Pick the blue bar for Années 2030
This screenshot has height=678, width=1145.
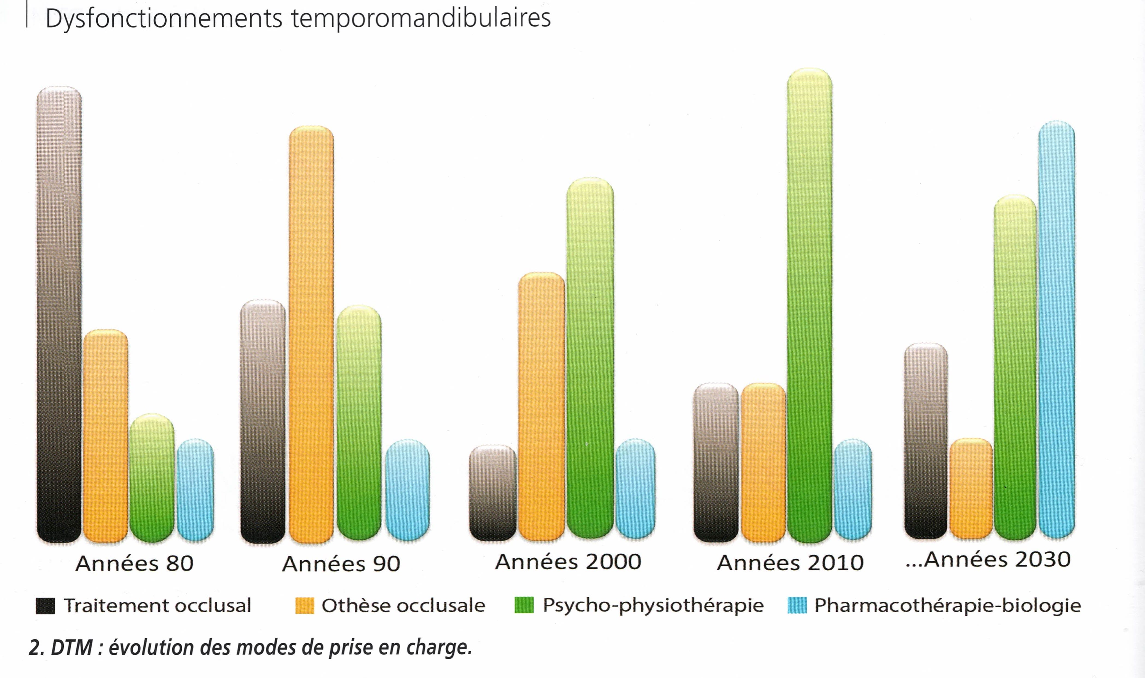pos(1056,329)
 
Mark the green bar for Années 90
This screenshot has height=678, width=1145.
pos(359,423)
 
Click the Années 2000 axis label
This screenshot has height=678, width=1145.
pos(568,561)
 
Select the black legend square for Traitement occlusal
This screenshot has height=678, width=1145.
pos(45,606)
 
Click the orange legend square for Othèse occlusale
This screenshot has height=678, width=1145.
pos(304,606)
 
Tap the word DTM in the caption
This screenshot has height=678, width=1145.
pos(72,647)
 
